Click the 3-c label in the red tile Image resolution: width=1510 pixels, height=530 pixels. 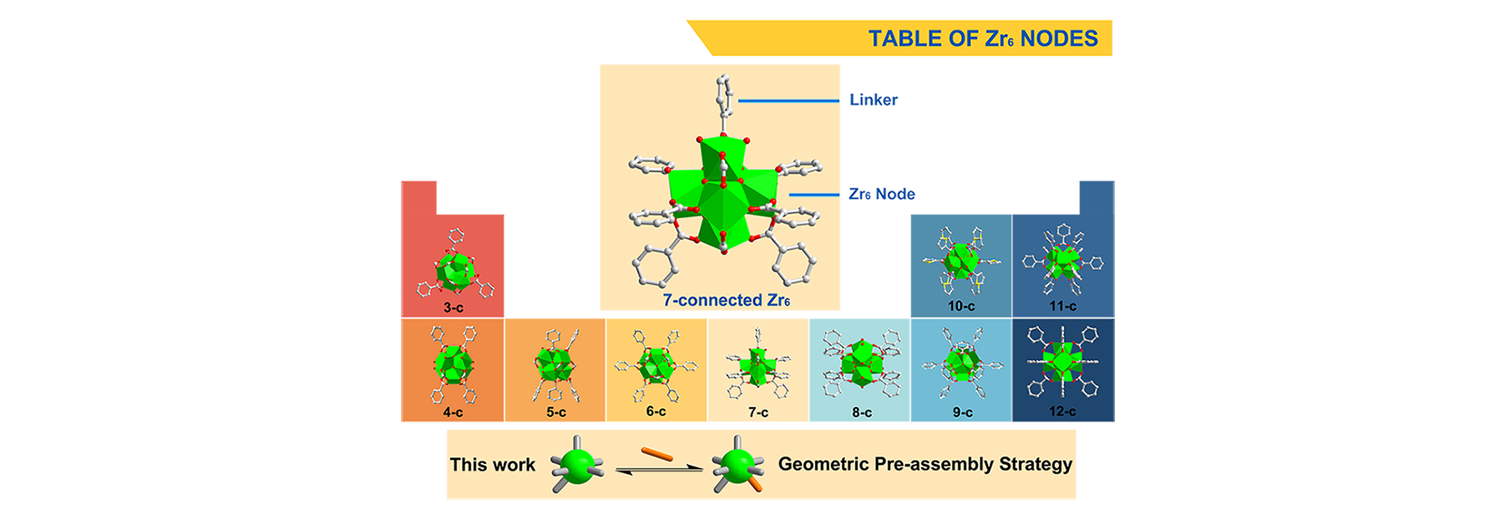(x=454, y=308)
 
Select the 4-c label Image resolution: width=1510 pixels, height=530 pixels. (x=454, y=412)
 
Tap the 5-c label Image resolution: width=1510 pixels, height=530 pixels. (x=556, y=412)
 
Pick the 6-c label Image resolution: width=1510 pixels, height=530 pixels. (x=656, y=411)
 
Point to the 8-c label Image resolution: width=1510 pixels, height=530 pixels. (x=862, y=412)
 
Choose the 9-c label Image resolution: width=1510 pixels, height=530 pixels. (x=963, y=412)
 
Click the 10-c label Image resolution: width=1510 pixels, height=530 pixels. (x=961, y=306)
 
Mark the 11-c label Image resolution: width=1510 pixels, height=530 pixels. (x=1062, y=306)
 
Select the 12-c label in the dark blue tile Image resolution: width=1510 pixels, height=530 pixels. (x=1062, y=411)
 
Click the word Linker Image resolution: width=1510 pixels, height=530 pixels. (x=874, y=99)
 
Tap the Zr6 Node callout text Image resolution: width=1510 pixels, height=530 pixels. (x=882, y=194)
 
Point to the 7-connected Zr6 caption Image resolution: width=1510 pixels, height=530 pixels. (x=727, y=300)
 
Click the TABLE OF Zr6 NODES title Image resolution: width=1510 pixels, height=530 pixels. (x=983, y=38)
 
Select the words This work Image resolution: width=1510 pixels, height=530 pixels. (x=493, y=465)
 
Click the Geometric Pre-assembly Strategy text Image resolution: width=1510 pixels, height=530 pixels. (x=925, y=464)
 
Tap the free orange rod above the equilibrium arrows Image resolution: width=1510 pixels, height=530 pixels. (x=657, y=454)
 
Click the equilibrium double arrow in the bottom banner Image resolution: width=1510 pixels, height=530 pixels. (x=659, y=471)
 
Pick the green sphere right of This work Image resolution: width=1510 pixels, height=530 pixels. (x=578, y=464)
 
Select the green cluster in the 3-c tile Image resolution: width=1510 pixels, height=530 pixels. (x=456, y=271)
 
